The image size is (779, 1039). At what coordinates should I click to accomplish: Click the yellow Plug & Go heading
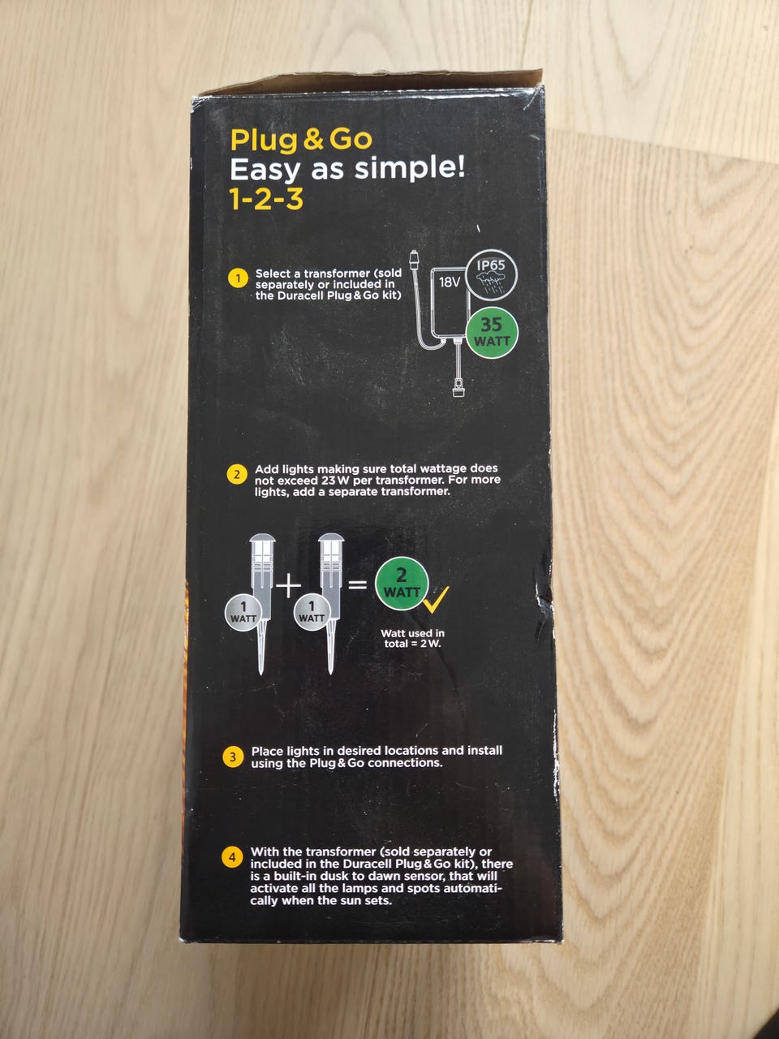tap(301, 140)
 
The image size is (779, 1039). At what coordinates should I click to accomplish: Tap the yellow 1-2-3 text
tap(266, 200)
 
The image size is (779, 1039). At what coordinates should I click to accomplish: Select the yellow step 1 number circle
tap(238, 278)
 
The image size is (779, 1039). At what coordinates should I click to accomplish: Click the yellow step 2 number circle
tap(237, 474)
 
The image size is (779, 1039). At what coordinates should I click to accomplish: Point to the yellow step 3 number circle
tap(233, 757)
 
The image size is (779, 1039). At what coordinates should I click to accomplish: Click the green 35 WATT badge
tap(492, 333)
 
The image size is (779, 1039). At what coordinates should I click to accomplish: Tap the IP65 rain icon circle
tap(492, 275)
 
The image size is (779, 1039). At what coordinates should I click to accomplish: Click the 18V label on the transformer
tap(449, 283)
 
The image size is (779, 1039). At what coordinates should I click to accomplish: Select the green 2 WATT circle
tap(402, 583)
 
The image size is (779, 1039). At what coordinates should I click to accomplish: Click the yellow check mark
tap(436, 600)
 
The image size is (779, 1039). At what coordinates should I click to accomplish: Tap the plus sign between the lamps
tap(289, 587)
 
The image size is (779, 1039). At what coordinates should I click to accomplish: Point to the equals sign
tap(358, 585)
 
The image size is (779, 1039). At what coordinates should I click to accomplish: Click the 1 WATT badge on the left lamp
tap(243, 613)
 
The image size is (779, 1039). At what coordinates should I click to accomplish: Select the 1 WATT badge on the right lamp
tap(312, 613)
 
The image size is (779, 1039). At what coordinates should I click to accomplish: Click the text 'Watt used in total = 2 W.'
tap(412, 638)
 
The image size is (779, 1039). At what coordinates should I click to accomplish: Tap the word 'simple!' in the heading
tap(410, 170)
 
